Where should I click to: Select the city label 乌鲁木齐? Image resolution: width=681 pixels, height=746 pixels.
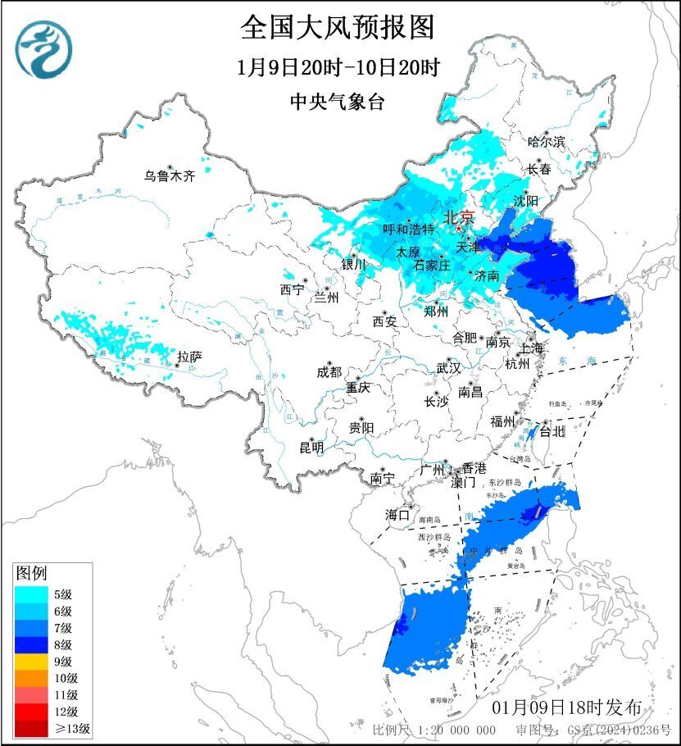tap(170, 175)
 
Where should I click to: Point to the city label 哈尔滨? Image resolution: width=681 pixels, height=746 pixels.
tap(547, 142)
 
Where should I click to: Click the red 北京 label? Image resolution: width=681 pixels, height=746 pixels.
tap(458, 218)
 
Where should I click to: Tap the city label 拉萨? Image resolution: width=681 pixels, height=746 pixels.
tap(189, 357)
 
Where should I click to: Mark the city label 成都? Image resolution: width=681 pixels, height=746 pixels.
tap(329, 371)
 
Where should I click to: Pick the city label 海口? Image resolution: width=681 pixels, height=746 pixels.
tap(397, 516)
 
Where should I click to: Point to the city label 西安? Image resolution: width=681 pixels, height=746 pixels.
tap(384, 321)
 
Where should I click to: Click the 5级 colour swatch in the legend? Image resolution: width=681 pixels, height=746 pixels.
tap(30, 594)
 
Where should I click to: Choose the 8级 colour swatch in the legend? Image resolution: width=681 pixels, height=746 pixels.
tap(30, 644)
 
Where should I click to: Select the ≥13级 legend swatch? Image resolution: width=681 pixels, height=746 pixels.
tap(30, 728)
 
